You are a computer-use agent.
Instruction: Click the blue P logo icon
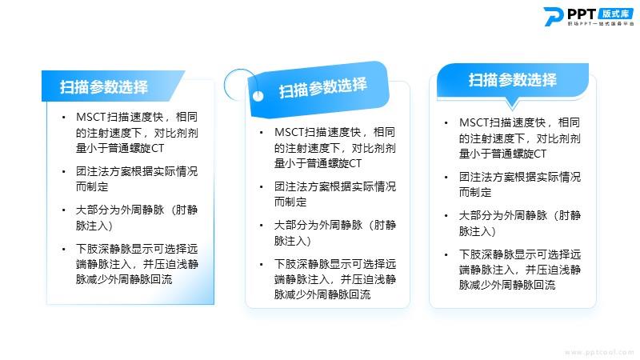[554, 16]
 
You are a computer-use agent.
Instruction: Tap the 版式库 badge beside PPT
[616, 14]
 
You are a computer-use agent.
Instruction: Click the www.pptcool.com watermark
[599, 352]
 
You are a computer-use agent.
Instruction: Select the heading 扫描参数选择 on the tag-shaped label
[322, 88]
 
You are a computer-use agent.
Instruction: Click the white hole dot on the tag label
[258, 96]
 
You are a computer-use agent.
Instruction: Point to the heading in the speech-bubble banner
[512, 80]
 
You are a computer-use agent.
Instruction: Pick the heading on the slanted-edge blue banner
[104, 87]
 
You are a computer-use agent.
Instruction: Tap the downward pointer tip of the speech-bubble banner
[512, 110]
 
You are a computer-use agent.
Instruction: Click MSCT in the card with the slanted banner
[90, 117]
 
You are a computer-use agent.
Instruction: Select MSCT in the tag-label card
[289, 132]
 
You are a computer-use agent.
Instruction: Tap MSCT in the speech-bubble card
[474, 122]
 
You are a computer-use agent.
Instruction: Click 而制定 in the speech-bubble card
[475, 192]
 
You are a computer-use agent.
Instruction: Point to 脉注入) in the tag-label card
[293, 241]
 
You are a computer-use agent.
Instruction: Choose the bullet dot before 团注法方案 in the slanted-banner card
[64, 172]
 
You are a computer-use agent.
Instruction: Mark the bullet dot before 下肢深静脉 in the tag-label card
[262, 265]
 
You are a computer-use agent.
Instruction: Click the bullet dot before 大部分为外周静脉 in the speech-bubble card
[446, 216]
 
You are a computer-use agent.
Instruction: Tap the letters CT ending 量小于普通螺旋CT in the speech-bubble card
[539, 154]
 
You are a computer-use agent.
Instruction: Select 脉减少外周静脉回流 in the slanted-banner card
[124, 279]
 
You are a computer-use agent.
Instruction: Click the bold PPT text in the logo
[582, 14]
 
